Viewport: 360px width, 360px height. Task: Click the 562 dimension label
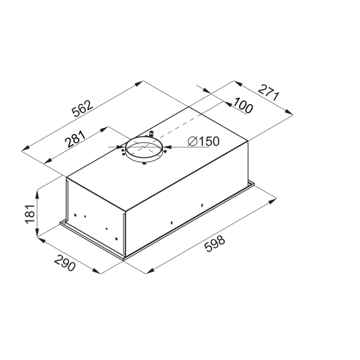pos(83,108)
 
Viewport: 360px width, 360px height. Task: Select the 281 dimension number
pos(75,139)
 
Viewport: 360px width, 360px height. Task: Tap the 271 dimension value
pos(269,93)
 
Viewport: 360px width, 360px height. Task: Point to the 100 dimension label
pos(243,105)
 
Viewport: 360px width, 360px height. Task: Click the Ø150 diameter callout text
pos(203,141)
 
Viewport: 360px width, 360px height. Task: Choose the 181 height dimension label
pos(30,214)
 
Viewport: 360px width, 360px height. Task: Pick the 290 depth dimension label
pos(65,263)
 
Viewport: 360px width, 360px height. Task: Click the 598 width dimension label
pos(215,244)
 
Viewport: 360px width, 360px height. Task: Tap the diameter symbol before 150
pos(193,141)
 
